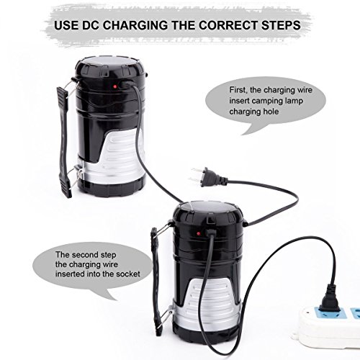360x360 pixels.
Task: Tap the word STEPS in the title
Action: point(281,25)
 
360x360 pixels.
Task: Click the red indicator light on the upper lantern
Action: point(115,86)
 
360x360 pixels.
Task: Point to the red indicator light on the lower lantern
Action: point(199,233)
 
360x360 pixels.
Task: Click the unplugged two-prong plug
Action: point(209,176)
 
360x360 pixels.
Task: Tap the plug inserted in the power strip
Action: point(330,297)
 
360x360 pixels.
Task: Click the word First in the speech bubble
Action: point(238,90)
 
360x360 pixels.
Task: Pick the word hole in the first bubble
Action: point(271,112)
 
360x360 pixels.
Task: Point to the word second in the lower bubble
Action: point(85,254)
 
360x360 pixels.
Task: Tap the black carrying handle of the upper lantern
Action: point(63,142)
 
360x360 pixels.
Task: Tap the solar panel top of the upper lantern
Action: point(110,62)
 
